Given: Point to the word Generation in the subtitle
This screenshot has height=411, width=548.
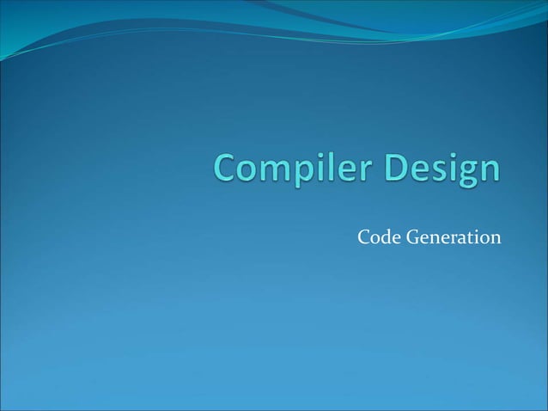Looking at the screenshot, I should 453,236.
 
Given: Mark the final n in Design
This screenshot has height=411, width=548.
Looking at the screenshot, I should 489,171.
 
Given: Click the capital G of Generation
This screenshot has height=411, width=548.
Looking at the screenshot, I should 411,236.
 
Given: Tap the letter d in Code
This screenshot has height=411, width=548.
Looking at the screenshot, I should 384,236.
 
